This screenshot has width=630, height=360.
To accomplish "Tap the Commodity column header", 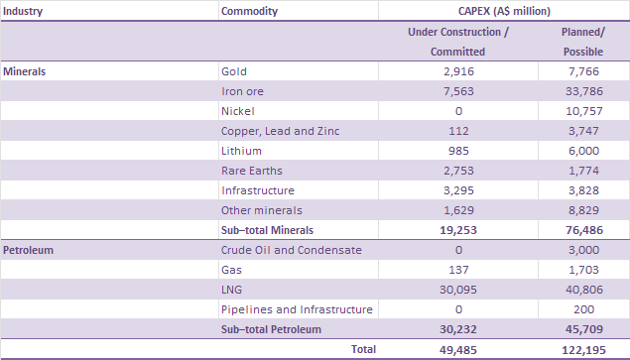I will click(x=250, y=12).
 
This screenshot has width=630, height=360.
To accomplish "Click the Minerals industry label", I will click(x=26, y=72).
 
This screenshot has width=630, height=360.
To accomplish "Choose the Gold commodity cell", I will click(x=233, y=72).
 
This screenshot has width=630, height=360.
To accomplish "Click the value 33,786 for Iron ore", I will click(x=583, y=92).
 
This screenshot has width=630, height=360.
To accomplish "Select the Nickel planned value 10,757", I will click(x=583, y=111).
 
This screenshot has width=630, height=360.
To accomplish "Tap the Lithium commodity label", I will click(x=241, y=151).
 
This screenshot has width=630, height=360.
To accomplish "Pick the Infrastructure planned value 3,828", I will click(x=583, y=190).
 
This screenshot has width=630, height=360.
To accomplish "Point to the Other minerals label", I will click(x=261, y=210).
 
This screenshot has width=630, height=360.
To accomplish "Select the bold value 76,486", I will click(x=583, y=230).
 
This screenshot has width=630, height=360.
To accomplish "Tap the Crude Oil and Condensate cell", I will click(x=292, y=250).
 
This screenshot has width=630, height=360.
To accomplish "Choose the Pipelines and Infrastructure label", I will click(x=297, y=309).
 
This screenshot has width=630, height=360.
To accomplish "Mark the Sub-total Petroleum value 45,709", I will click(x=583, y=328).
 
